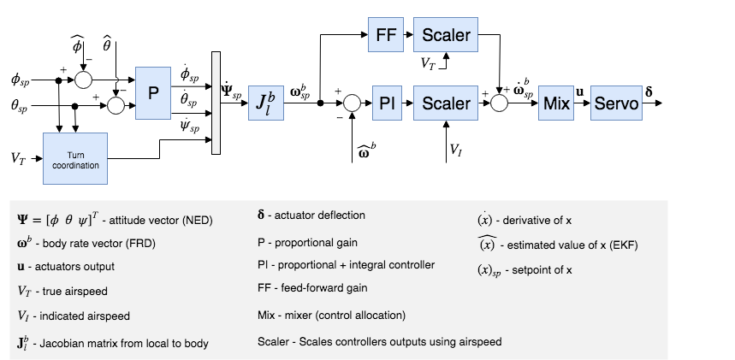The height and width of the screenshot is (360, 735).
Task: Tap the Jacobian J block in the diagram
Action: pos(266,103)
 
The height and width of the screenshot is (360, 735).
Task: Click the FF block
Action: pos(385,35)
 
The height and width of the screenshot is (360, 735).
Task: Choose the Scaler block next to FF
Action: pos(446,35)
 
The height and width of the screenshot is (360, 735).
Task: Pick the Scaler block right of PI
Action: pos(446,103)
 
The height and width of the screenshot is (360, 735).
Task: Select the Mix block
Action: pos(556,103)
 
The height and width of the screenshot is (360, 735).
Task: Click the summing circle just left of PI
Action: pos(350,103)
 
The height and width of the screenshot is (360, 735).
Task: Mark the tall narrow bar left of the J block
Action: pos(216,103)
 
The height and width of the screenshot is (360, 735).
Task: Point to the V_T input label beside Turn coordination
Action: pos(18,157)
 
